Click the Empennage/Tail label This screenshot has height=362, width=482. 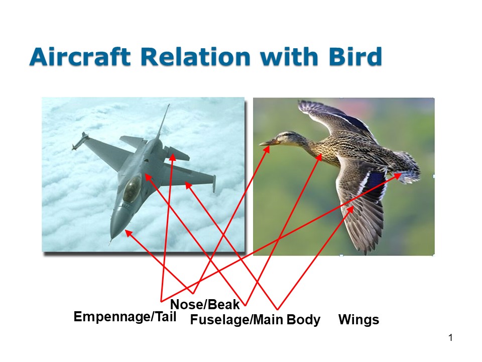point(125,316)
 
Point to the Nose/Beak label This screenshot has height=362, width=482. point(205,304)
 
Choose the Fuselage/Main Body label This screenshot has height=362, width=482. point(255,320)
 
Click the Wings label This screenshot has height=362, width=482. point(358,320)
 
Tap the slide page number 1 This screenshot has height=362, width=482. point(450,337)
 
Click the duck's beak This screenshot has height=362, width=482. point(266,143)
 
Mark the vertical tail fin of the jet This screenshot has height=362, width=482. point(163,121)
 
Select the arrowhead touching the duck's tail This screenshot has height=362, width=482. point(398,175)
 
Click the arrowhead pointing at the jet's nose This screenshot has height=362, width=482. point(128,232)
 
